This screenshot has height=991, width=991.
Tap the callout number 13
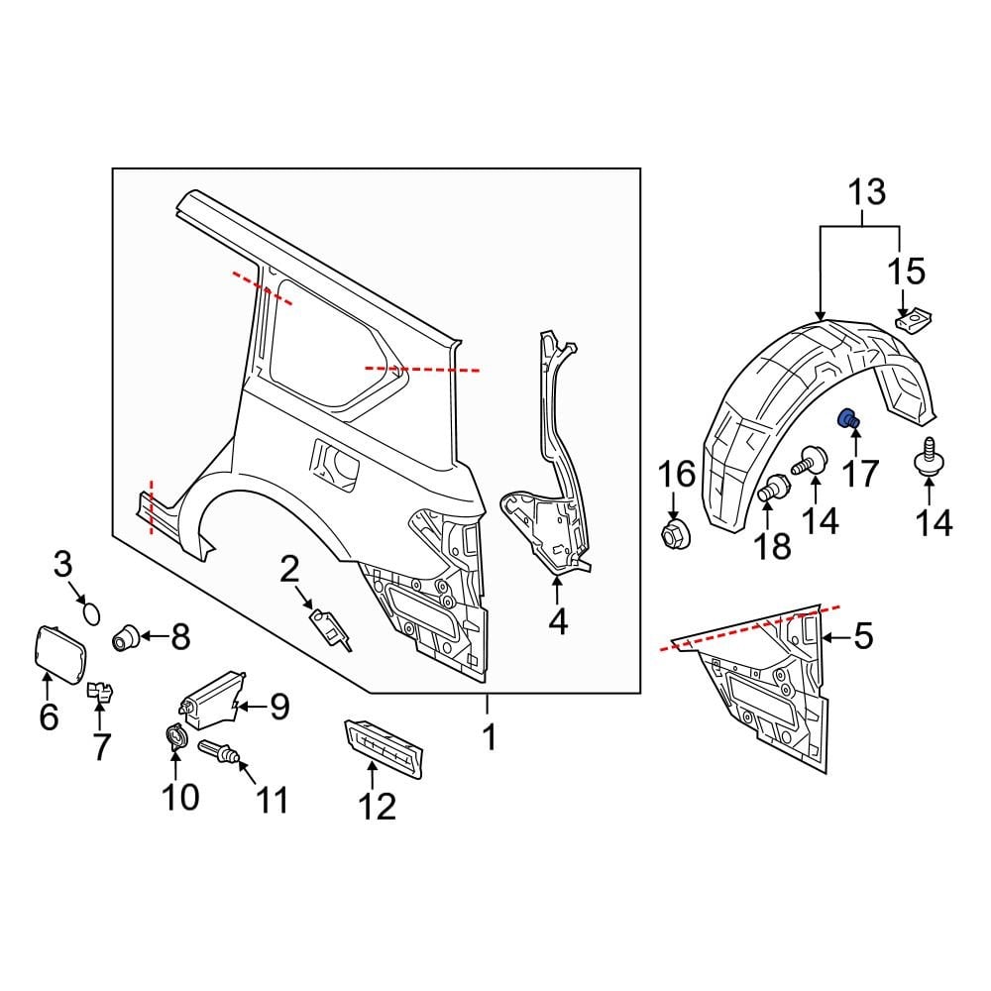(x=866, y=193)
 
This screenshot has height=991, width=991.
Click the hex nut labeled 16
(x=676, y=533)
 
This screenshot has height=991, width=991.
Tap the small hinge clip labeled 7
(x=100, y=690)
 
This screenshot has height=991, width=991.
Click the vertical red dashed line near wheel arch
(x=152, y=506)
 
